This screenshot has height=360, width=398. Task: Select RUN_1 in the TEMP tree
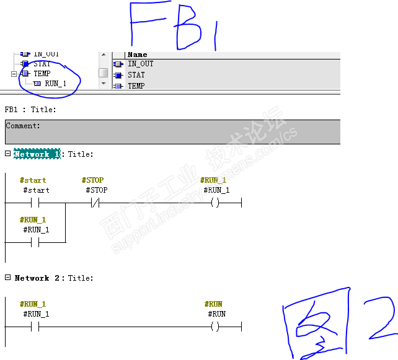(x=55, y=84)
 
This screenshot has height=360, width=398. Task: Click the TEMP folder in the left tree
(x=42, y=74)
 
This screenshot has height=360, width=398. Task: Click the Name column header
(x=138, y=55)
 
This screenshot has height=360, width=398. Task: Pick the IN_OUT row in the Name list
(x=140, y=64)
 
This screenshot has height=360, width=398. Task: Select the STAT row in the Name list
(x=136, y=75)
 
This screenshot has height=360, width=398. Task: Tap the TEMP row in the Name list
(x=136, y=86)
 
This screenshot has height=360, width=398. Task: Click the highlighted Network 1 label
(x=37, y=154)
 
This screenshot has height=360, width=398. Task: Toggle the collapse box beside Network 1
(x=7, y=154)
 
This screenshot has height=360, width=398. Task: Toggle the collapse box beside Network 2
(x=7, y=278)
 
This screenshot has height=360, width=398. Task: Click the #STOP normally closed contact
(x=95, y=203)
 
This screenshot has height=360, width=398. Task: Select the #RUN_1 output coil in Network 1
(x=215, y=203)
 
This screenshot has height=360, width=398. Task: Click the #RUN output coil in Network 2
(x=215, y=327)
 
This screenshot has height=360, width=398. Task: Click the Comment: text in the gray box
(x=23, y=126)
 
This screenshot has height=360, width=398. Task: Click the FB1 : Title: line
(x=30, y=110)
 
